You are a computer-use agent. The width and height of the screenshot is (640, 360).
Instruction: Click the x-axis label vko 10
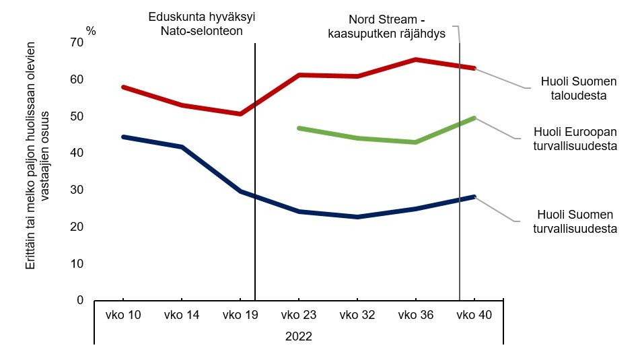point(123,315)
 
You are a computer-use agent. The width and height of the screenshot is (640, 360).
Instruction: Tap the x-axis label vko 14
point(182,315)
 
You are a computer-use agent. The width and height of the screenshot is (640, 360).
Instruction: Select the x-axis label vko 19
point(240,315)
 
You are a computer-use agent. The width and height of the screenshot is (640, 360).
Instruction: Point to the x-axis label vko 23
point(299,315)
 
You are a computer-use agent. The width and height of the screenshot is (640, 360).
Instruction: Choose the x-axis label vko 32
point(357,315)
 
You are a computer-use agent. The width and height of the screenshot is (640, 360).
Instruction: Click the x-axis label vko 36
point(416,315)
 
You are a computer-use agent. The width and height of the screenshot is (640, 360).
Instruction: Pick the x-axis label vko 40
point(474,315)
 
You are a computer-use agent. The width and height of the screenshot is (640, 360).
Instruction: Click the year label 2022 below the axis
point(299,334)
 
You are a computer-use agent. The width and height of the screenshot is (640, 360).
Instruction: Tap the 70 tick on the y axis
point(77,42)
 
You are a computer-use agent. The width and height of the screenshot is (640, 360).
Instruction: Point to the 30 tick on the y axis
point(77,190)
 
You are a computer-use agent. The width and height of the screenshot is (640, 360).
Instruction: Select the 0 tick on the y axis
point(80,300)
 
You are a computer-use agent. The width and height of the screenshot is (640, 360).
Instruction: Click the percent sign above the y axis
point(92,31)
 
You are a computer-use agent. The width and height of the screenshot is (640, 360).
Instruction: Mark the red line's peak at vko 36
point(416,59)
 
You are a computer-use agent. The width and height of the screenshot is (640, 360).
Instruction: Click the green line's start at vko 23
point(299,128)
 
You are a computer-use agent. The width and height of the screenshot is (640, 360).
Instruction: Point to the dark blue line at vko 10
point(123,137)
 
